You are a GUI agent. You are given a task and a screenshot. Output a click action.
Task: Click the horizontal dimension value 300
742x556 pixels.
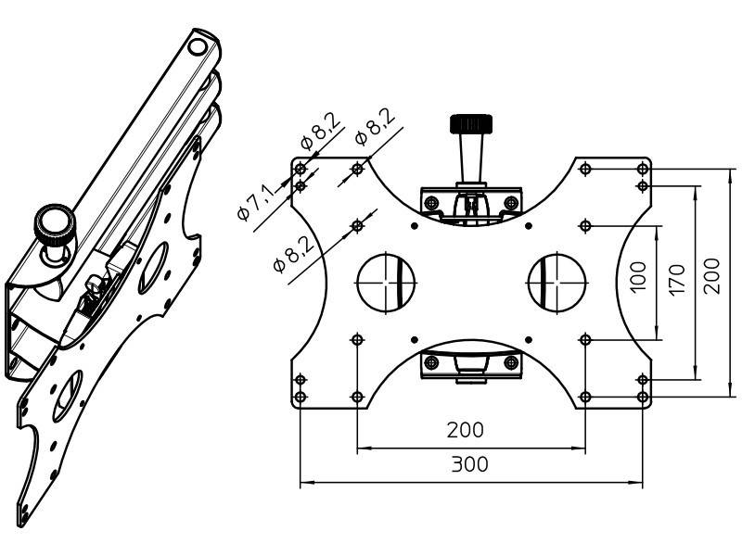(x=469, y=464)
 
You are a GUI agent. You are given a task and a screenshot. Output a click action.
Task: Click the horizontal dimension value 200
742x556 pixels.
(x=466, y=430)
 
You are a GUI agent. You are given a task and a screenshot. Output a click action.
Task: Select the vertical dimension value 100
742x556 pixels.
(x=638, y=277)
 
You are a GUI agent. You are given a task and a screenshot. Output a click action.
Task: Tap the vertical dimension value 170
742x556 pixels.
(x=677, y=280)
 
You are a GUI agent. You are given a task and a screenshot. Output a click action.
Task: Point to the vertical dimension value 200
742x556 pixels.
(x=711, y=275)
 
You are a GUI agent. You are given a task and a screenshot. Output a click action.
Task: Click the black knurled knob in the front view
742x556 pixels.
(x=471, y=123)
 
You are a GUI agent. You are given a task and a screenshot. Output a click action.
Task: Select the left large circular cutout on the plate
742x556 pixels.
(x=386, y=283)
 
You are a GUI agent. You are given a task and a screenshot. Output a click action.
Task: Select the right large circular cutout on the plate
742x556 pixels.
(x=557, y=283)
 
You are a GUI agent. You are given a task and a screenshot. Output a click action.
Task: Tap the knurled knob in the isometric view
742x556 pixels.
(x=55, y=223)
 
